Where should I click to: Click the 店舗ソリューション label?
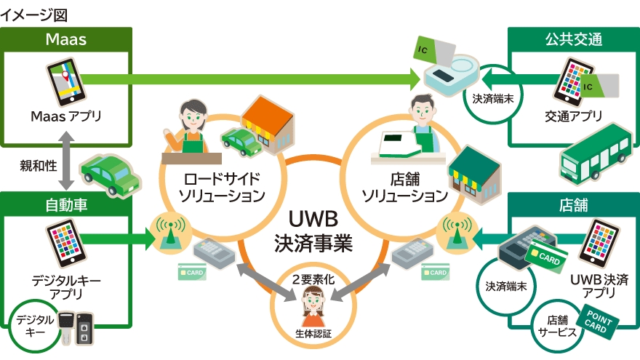[404, 187]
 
